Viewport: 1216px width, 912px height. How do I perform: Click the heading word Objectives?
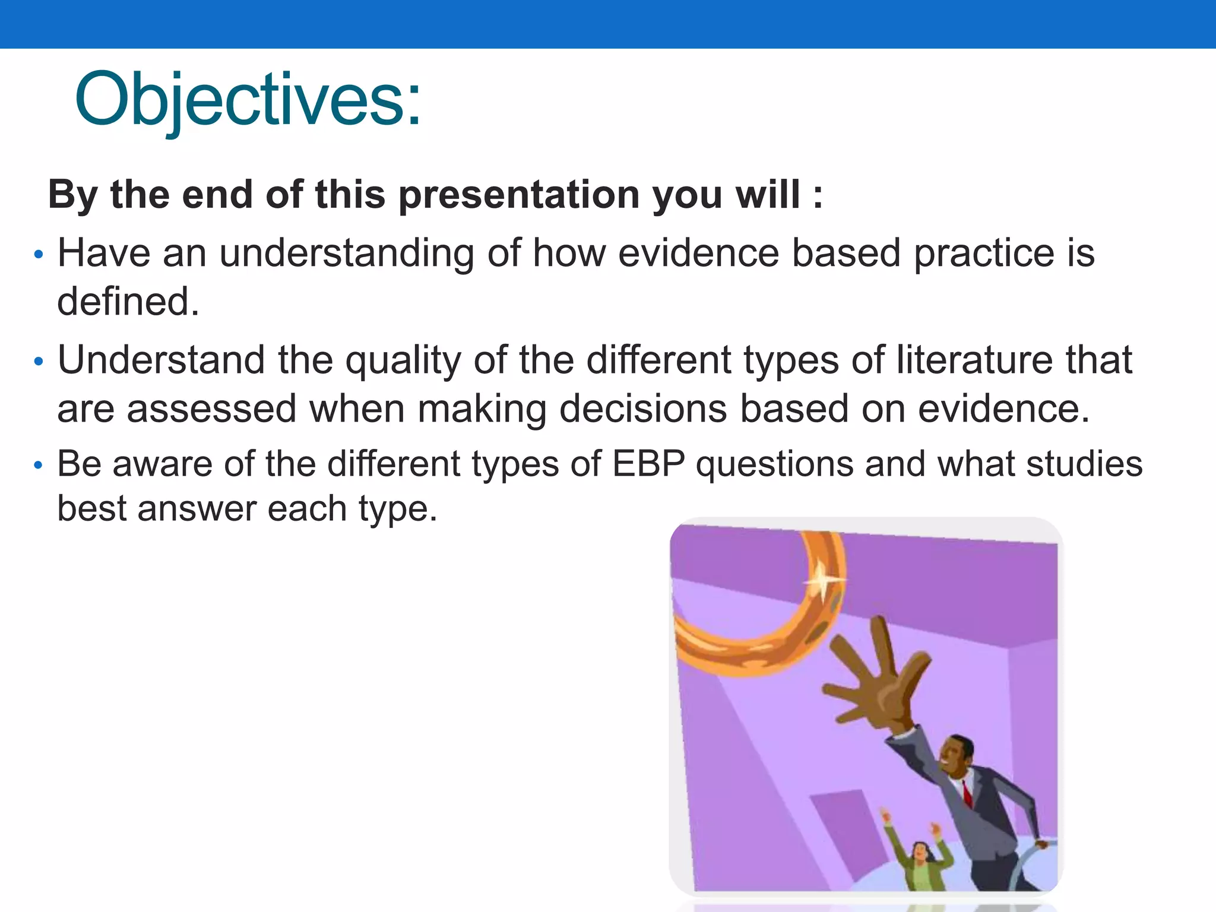pos(247,100)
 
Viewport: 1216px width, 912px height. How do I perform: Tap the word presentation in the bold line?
pos(518,195)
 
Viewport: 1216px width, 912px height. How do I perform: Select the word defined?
pos(127,302)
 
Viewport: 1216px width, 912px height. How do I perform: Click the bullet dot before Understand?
pos(39,362)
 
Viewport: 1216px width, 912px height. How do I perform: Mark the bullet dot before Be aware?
pos(39,465)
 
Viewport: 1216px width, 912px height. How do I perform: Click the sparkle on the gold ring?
pos(824,579)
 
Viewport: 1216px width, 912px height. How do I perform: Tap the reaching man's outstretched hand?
pos(873,683)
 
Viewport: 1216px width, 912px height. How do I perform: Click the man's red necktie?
pos(967,793)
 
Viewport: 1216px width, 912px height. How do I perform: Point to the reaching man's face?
pos(956,757)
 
